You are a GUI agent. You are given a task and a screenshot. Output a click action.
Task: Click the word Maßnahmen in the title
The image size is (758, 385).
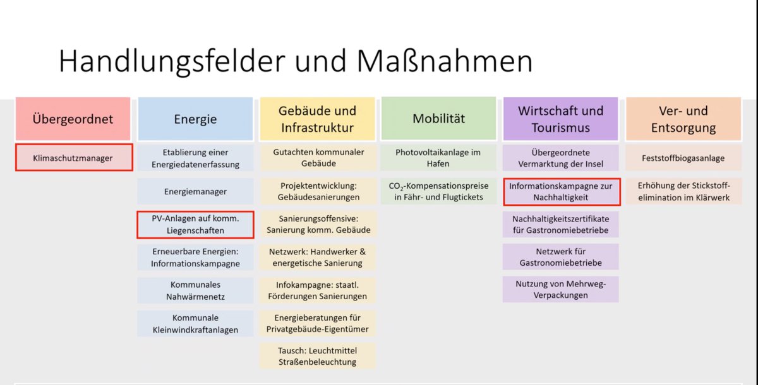(445, 61)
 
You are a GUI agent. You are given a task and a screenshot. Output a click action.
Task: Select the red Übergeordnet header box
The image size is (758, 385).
(73, 119)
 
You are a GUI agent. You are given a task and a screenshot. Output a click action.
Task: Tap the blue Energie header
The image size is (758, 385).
(195, 119)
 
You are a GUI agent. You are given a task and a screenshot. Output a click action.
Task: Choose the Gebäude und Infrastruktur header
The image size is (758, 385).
(317, 119)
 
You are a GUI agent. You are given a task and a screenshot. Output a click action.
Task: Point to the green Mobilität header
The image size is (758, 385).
(439, 118)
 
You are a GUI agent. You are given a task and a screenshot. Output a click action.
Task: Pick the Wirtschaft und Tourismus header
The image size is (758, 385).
(561, 119)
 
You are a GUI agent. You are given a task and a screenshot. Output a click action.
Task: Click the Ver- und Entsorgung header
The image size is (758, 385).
(683, 119)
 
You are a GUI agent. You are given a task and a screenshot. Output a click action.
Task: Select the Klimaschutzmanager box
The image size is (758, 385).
(74, 158)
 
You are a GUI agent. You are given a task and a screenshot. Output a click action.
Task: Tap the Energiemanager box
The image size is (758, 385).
(195, 191)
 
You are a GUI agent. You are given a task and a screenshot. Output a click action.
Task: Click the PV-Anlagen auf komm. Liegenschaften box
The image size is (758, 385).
(195, 225)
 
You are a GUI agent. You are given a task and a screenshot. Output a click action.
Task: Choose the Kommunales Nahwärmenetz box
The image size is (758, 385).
(195, 290)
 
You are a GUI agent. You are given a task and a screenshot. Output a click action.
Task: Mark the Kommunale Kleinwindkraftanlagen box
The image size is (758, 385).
(195, 324)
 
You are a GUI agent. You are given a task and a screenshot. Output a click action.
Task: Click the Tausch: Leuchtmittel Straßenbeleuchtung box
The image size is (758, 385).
(317, 356)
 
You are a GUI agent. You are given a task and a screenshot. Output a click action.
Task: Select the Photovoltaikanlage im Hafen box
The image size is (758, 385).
(438, 158)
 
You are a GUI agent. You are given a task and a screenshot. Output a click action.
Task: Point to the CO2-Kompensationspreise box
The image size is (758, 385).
(438, 191)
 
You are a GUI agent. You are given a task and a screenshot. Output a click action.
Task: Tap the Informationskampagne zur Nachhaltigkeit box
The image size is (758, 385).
(562, 192)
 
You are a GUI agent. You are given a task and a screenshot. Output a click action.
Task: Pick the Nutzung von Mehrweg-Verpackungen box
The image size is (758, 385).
(561, 289)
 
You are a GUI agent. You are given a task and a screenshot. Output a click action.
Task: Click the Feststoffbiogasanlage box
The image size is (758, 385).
(683, 158)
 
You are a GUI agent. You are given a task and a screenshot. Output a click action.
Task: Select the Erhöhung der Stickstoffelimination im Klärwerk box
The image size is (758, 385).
(683, 191)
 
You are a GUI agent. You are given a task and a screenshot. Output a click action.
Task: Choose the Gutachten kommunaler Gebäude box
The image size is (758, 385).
(318, 158)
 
